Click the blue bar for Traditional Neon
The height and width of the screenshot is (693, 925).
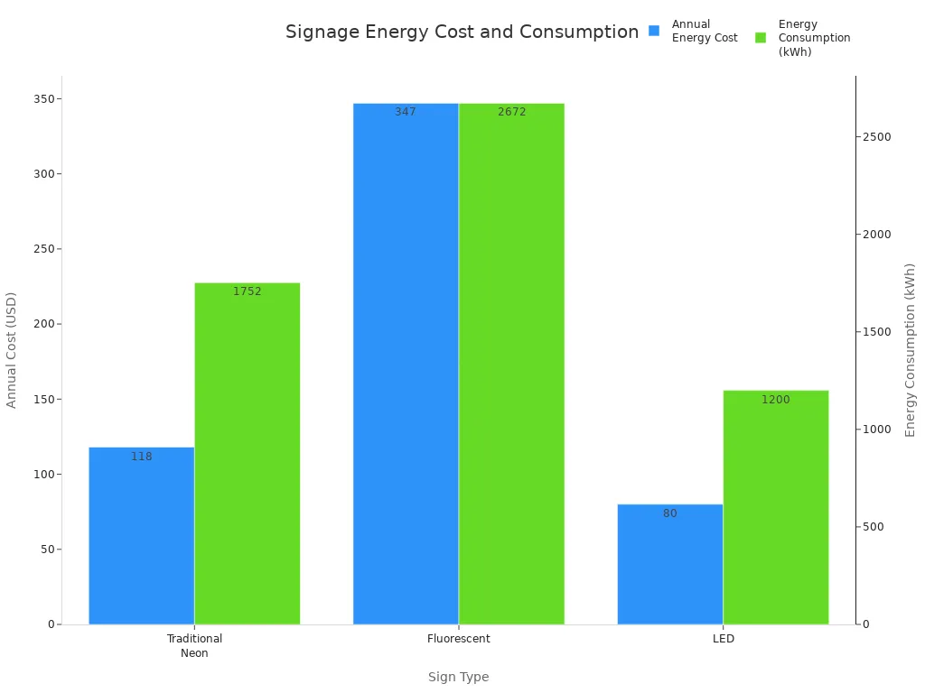pyautogui.click(x=141, y=536)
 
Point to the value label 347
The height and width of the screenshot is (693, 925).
pyautogui.click(x=406, y=112)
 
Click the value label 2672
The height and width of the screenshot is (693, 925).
pyautogui.click(x=511, y=112)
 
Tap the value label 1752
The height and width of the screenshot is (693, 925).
pyautogui.click(x=247, y=291)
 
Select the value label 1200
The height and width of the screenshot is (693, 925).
pyautogui.click(x=775, y=400)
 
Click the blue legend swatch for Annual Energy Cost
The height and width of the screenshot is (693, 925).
pyautogui.click(x=654, y=31)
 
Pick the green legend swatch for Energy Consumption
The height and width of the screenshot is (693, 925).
pyautogui.click(x=761, y=38)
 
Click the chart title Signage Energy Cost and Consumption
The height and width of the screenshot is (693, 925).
pyautogui.click(x=462, y=32)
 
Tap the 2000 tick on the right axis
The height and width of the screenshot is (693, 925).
pyautogui.click(x=876, y=235)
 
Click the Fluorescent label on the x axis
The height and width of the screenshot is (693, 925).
pyautogui.click(x=458, y=639)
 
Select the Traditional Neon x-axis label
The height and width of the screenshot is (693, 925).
pyautogui.click(x=194, y=645)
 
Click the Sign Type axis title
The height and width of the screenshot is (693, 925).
pyautogui.click(x=458, y=677)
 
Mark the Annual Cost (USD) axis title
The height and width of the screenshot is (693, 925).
pyautogui.click(x=12, y=350)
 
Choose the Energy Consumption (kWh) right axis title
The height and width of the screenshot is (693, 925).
pyautogui.click(x=911, y=350)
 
